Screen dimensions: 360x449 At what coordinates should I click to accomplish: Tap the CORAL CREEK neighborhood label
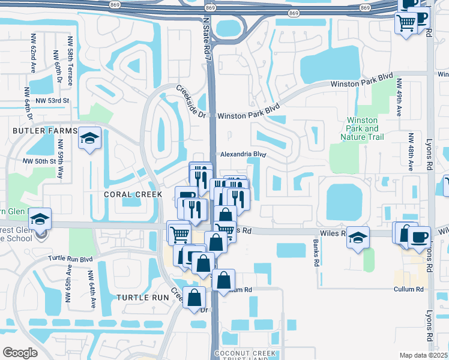pyautogui.click(x=133, y=194)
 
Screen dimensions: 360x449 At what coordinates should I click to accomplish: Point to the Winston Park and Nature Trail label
pyautogui.click(x=363, y=128)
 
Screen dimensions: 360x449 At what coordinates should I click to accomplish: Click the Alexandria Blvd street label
pyautogui.click(x=243, y=154)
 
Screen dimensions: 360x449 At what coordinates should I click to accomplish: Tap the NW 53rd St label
pyautogui.click(x=53, y=101)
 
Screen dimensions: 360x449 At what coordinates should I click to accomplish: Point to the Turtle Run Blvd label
pyautogui.click(x=70, y=259)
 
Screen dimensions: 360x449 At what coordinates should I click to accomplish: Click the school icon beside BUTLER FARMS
pyautogui.click(x=89, y=139)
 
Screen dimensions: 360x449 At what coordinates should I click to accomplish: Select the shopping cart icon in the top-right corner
pyautogui.click(x=406, y=23)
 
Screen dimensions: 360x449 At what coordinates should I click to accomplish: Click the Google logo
pyautogui.click(x=20, y=353)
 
